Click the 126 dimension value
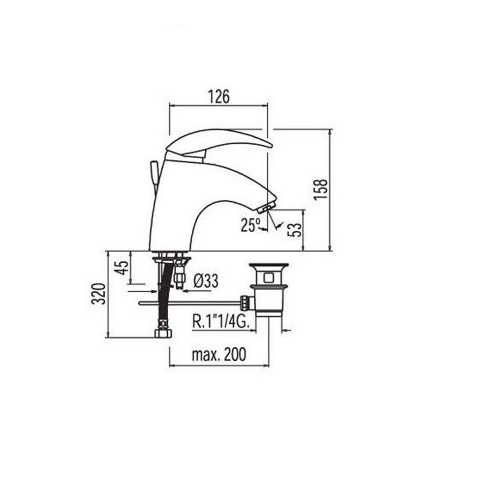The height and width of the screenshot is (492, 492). tap(219, 96)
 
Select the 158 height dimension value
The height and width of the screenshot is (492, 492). tap(321, 189)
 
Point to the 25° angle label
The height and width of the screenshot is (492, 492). tap(251, 225)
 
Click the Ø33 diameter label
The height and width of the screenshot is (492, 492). tap(206, 281)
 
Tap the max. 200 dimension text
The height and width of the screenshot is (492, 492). tap(219, 355)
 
